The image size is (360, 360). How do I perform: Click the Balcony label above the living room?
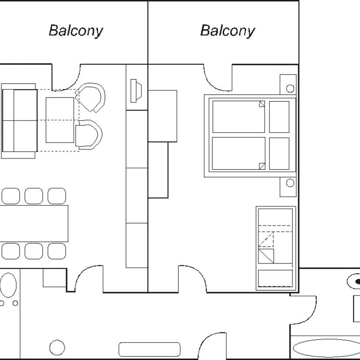click(x=76, y=31)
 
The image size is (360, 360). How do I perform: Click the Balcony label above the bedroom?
click(x=227, y=31)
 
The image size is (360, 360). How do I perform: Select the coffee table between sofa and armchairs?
click(x=60, y=120)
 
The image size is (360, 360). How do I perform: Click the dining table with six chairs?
click(x=34, y=224)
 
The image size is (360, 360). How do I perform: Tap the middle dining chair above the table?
click(x=34, y=196)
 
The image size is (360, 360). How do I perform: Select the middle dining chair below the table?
click(x=34, y=251)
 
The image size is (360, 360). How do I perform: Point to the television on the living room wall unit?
click(x=136, y=90)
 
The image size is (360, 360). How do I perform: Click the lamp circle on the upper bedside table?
click(x=290, y=89)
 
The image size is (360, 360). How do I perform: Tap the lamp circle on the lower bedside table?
click(x=290, y=183)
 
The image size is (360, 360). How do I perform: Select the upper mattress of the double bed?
click(x=239, y=117)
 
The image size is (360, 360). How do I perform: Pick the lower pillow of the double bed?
click(x=279, y=154)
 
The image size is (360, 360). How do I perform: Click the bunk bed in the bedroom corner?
click(x=276, y=248)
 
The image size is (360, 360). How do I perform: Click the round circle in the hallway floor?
click(x=57, y=347)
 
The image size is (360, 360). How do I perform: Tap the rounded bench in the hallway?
click(x=150, y=349)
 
